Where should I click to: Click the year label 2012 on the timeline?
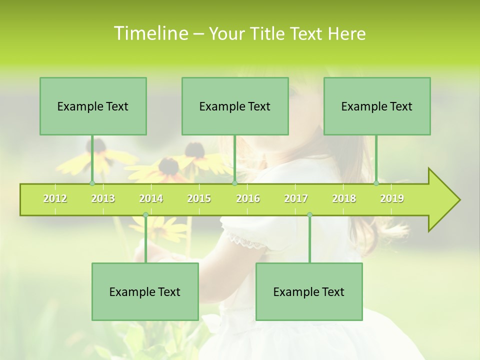point(55,198)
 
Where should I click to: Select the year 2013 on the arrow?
point(103,198)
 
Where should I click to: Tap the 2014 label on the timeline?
point(151,198)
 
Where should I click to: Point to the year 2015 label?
point(199,198)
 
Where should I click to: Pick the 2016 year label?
point(248,198)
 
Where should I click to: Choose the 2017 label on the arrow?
point(296,198)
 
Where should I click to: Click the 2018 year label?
point(344,198)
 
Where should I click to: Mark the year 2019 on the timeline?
point(392,198)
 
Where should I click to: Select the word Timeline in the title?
point(150,33)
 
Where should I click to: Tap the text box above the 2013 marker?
point(93,106)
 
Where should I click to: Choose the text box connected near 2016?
point(235,106)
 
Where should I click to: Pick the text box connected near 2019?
point(377,106)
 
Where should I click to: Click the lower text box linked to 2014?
point(145,291)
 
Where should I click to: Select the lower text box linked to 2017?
point(309,291)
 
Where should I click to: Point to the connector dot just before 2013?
point(92,183)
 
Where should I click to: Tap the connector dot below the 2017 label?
point(309,215)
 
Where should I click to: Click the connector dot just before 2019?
point(376,183)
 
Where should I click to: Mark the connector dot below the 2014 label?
point(145,215)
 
